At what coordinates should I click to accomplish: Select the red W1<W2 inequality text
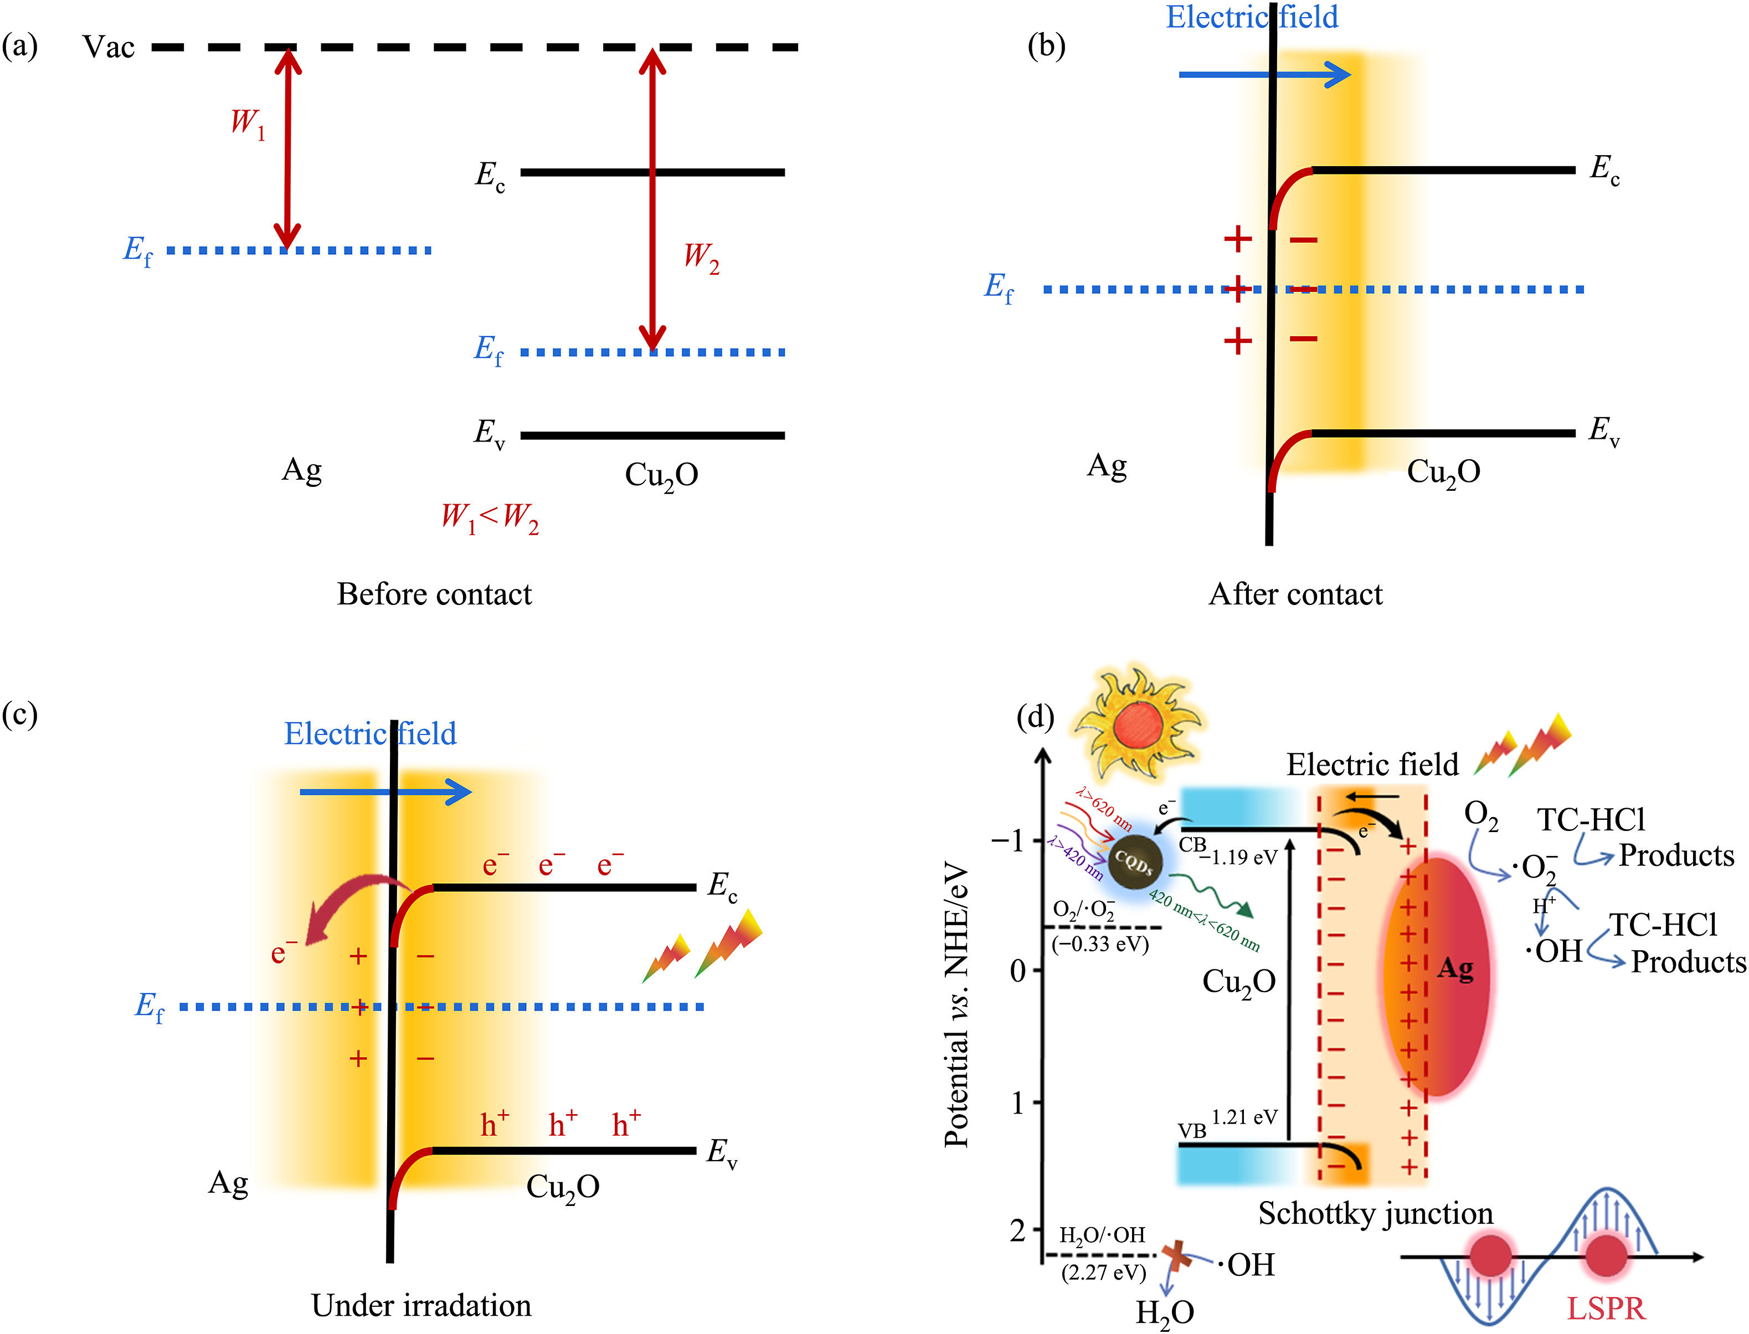490,518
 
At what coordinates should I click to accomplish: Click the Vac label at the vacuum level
109,48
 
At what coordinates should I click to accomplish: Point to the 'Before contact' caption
434,594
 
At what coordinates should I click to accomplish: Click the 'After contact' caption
1295,594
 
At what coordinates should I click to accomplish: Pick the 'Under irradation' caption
421,1305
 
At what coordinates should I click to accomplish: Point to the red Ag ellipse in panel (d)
1437,977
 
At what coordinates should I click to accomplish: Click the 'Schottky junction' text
1375,1213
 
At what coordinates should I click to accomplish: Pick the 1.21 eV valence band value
1244,1116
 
